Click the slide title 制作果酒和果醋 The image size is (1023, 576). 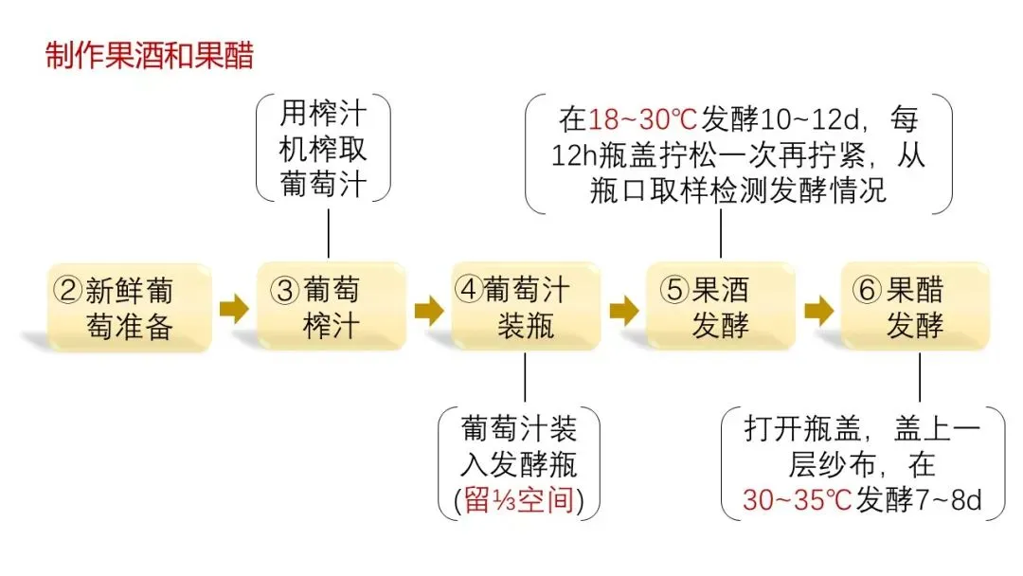tap(150, 56)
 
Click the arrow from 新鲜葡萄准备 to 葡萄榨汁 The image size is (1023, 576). tap(233, 309)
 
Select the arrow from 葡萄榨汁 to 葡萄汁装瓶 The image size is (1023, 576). tap(428, 309)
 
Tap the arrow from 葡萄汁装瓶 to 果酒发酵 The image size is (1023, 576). tap(623, 309)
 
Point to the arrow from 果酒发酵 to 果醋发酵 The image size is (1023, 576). tap(818, 309)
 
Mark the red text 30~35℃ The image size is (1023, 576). tap(797, 499)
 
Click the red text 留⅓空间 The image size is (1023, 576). tap(519, 499)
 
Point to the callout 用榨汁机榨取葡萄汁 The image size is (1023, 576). tap(323, 150)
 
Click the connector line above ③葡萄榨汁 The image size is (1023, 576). tap(329, 231)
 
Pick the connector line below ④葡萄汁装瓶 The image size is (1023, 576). tap(525, 379)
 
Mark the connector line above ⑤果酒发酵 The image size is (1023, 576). tap(721, 236)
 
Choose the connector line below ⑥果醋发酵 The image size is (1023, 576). tap(919, 379)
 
